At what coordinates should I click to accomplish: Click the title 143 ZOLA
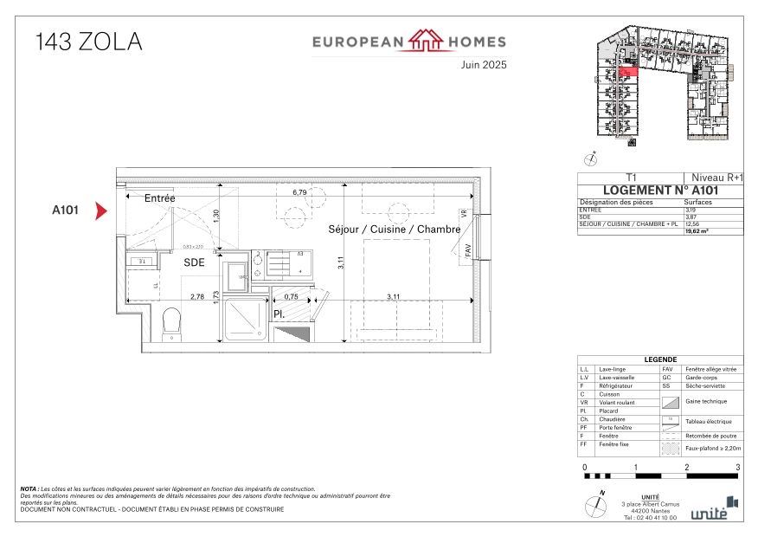coord(88,42)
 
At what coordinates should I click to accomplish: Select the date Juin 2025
coord(484,64)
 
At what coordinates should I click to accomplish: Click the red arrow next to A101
coord(100,210)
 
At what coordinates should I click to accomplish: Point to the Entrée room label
coord(159,198)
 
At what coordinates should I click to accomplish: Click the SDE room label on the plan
coord(193,262)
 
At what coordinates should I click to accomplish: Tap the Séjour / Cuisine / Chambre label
coord(393,230)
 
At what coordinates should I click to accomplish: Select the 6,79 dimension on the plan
coord(300,192)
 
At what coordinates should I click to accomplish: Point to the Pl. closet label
coord(280,314)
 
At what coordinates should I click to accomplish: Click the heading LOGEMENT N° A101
coord(659,191)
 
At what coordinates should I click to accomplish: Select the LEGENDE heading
coord(659,360)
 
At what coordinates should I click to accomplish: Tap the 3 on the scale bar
coord(737,467)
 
